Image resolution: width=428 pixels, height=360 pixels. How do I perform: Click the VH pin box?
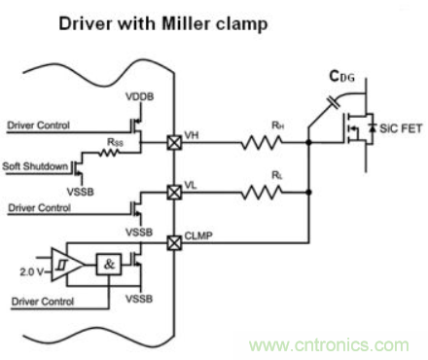pos(174,142)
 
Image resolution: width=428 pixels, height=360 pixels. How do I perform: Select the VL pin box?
pos(174,193)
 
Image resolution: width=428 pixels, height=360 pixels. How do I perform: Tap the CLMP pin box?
pos(174,242)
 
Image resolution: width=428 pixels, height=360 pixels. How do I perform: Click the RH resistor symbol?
pos(262,142)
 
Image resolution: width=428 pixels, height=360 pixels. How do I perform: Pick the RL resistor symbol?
pos(262,193)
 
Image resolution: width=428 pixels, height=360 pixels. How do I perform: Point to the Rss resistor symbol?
pos(108,153)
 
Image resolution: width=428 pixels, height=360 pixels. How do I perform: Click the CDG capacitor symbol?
pos(334,102)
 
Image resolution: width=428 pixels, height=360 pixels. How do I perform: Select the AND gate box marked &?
pos(109,265)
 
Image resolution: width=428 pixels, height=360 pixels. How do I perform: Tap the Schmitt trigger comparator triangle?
pos(67,265)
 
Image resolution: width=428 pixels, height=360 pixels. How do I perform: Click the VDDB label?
pos(140,96)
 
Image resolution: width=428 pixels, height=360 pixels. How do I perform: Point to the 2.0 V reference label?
pos(31,271)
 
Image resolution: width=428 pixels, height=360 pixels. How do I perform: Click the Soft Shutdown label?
pos(35,166)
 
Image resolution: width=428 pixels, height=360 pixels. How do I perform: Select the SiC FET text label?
pos(401,128)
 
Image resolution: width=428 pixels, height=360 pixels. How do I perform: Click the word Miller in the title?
pos(187,23)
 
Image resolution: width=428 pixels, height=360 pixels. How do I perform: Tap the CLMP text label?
pos(198,235)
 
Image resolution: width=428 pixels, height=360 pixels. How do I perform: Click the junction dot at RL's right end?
pos(309,193)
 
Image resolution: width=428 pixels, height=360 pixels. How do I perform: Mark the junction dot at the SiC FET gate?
pos(309,142)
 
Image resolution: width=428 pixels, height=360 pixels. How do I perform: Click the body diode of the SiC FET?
pos(373,128)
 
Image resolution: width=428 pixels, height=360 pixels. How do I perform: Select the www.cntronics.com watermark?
pos(329,345)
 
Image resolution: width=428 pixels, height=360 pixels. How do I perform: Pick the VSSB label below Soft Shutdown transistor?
pos(81,192)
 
